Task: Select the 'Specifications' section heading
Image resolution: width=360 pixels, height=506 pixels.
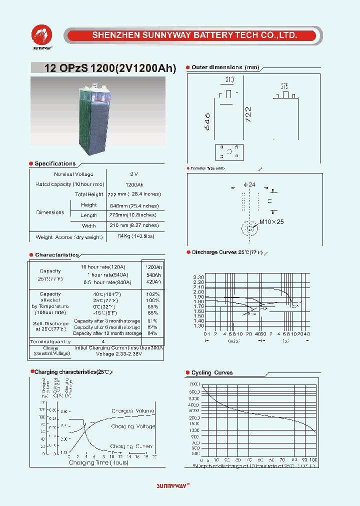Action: pos(55,164)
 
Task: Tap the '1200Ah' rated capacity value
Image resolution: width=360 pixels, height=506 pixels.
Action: pos(133,184)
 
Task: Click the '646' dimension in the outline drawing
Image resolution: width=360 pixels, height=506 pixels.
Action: pos(207,121)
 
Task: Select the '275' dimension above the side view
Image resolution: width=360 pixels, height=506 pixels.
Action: pos(284,86)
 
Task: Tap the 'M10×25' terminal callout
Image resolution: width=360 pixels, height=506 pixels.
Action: pos(271,221)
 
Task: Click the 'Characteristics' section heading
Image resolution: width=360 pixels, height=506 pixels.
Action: pos(57,255)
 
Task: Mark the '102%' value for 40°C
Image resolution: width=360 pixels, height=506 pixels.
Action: pos(153,294)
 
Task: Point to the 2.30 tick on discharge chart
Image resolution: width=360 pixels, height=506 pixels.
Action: pos(198,277)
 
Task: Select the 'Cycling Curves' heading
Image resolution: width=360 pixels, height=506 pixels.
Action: pos(212,373)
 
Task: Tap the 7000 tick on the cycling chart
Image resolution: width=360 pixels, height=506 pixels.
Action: pos(194,384)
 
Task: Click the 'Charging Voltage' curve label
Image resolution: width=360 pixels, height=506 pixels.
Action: pos(133,426)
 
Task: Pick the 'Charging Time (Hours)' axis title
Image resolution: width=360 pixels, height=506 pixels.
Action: pos(98,462)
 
